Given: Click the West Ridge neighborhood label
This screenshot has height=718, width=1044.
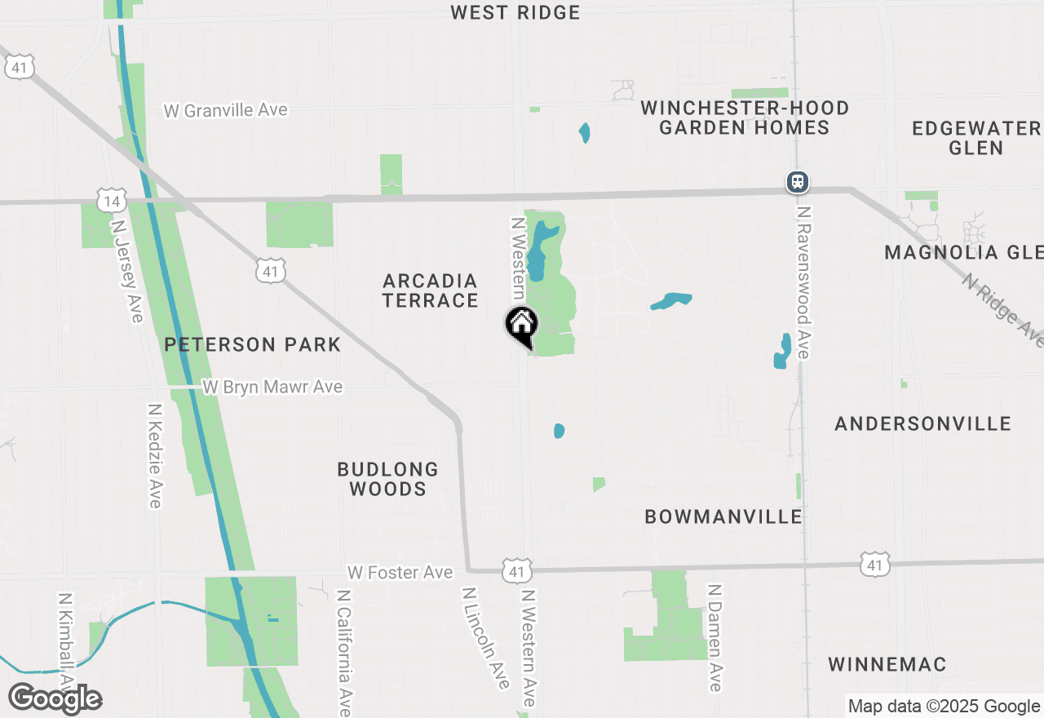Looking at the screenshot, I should [x=515, y=12].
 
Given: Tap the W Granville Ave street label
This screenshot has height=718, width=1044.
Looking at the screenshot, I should [x=226, y=110].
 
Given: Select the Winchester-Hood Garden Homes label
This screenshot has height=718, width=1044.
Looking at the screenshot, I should [x=744, y=117].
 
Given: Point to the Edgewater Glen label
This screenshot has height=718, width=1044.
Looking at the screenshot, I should [x=976, y=138].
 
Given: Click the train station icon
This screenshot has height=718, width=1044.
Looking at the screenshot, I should [x=797, y=181].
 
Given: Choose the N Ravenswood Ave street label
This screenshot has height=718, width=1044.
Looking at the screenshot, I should [x=804, y=281].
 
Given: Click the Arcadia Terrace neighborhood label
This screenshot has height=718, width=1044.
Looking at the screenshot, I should [x=430, y=290].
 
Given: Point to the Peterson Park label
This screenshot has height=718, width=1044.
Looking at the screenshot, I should [x=252, y=344].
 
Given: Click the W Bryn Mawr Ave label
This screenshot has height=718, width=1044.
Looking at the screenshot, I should [x=272, y=387].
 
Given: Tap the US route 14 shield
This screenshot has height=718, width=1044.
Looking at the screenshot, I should [x=111, y=201].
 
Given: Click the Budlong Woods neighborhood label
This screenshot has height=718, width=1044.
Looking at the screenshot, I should [x=387, y=479].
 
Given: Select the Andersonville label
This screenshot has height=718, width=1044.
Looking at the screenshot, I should [x=922, y=423].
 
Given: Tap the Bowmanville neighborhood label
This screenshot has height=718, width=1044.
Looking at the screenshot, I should [x=723, y=516].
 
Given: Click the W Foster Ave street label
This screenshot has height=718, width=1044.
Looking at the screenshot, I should [x=400, y=573].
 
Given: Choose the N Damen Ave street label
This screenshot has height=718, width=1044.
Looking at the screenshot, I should [x=715, y=637].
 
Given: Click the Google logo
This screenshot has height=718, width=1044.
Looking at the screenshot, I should [x=55, y=698].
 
